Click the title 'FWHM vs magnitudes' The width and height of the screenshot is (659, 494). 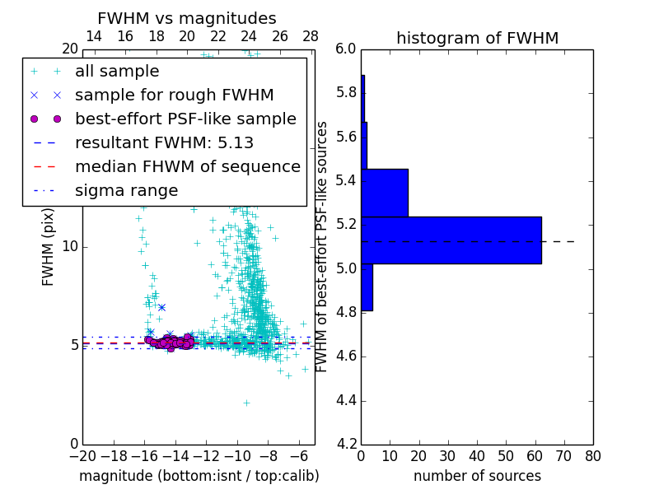[x=187, y=18]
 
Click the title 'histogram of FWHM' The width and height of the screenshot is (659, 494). [x=477, y=38]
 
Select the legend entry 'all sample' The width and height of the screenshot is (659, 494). [x=117, y=72]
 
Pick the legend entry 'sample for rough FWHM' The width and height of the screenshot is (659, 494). [x=163, y=95]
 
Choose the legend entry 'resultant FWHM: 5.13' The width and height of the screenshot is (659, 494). [x=164, y=142]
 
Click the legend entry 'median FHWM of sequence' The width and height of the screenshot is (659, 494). [x=187, y=166]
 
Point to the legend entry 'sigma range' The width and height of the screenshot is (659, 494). [x=126, y=190]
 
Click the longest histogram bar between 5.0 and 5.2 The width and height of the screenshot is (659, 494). [x=451, y=240]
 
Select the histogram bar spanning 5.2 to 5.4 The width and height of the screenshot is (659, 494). [x=384, y=193]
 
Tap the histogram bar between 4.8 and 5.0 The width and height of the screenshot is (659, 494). [x=367, y=287]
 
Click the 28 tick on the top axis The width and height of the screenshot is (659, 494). [x=311, y=36]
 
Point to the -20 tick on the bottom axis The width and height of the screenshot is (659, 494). [x=82, y=456]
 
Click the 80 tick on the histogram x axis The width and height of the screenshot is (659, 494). [x=593, y=456]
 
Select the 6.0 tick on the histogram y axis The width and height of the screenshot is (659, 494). [x=346, y=49]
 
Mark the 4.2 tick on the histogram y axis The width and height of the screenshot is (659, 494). [x=346, y=445]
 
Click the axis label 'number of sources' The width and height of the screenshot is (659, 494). [x=477, y=476]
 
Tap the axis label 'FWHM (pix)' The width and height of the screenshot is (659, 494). [x=49, y=246]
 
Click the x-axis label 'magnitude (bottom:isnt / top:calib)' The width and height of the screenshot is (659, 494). [x=199, y=476]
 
